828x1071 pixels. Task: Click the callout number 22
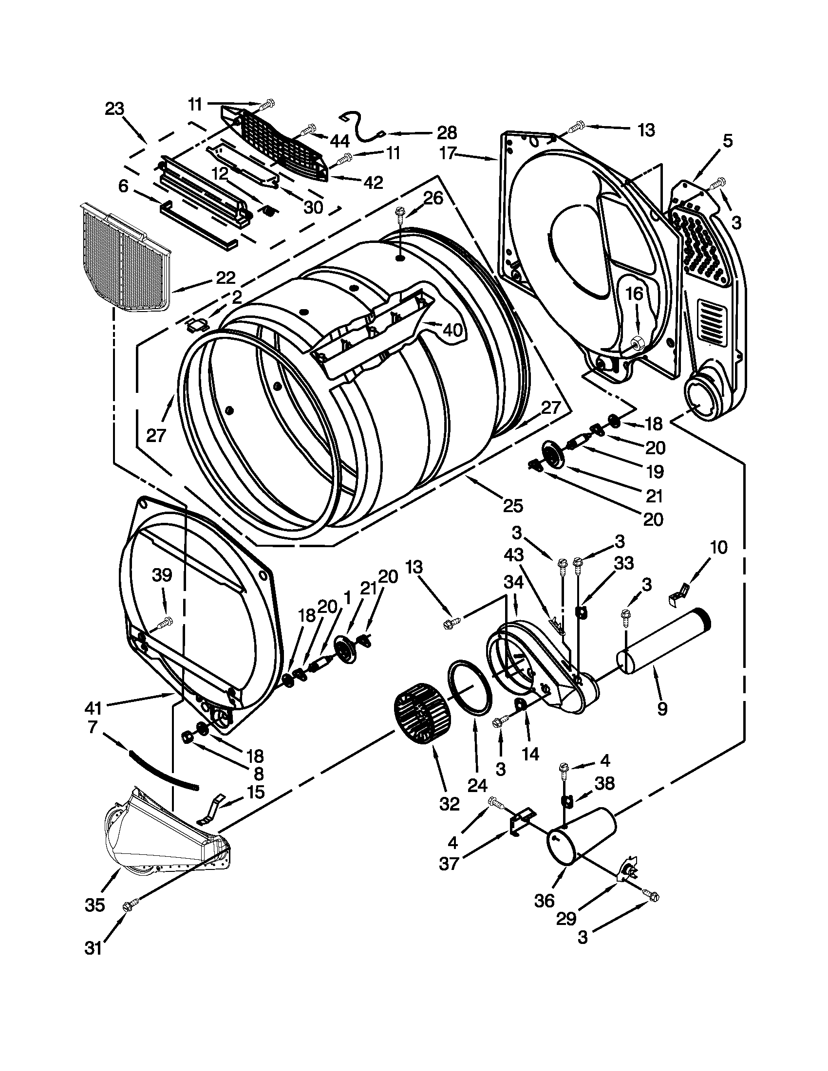pyautogui.click(x=225, y=277)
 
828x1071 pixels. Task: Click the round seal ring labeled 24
pyautogui.click(x=470, y=691)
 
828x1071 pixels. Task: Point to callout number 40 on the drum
pyautogui.click(x=452, y=330)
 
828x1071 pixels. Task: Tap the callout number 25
pyautogui.click(x=512, y=505)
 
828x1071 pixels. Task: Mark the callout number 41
pyautogui.click(x=93, y=708)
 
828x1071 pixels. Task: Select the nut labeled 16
pyautogui.click(x=638, y=343)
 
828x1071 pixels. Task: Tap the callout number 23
pyautogui.click(x=114, y=109)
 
